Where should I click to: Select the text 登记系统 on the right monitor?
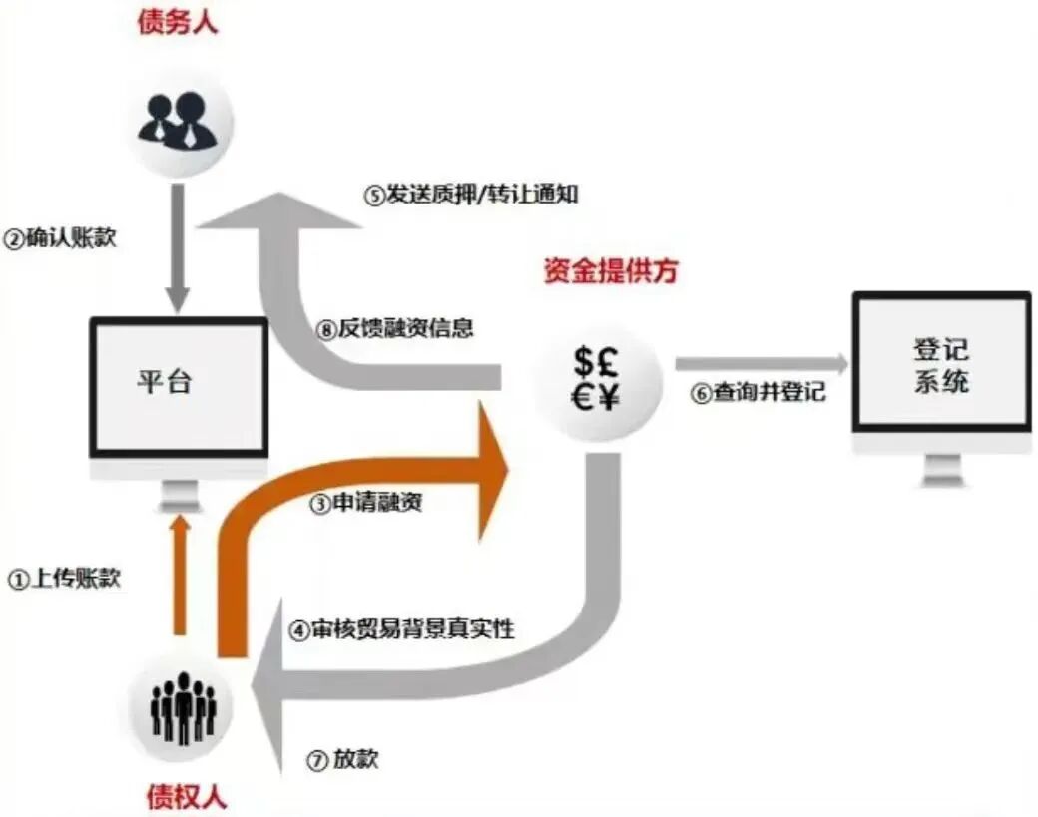941,366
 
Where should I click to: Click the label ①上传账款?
64,579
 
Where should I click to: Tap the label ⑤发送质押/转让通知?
470,194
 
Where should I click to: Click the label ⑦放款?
343,760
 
